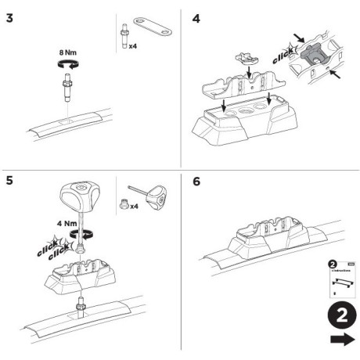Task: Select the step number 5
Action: tap(9, 182)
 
